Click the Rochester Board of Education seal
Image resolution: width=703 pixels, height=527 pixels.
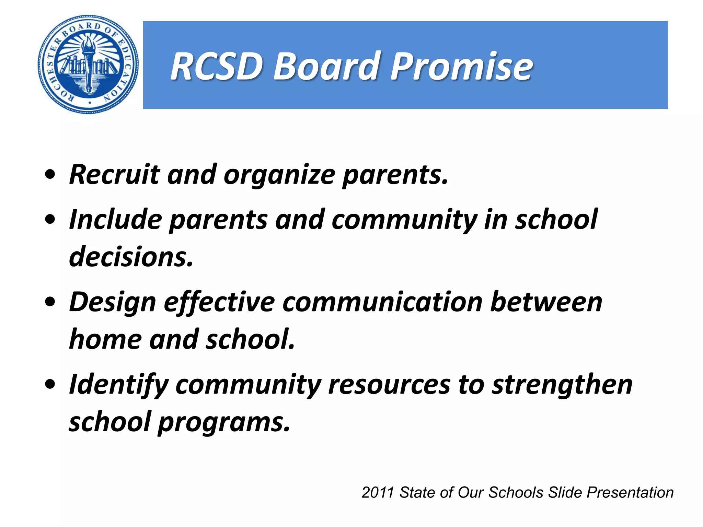click(89, 65)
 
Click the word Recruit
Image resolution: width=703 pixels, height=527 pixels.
click(114, 175)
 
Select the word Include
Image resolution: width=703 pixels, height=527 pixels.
click(115, 220)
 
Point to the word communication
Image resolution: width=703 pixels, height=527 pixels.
click(383, 302)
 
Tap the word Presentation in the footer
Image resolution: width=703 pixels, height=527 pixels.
click(630, 493)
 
